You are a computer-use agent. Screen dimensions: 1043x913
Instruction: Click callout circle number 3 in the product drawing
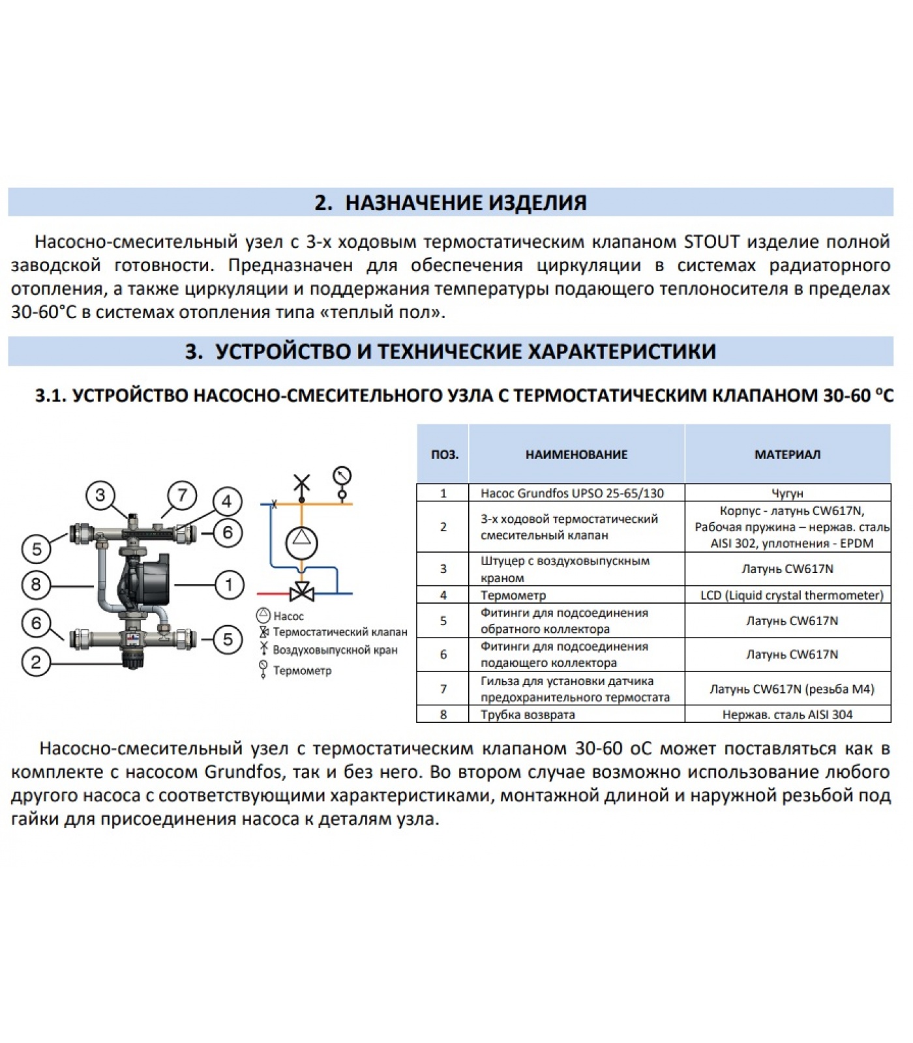[100, 495]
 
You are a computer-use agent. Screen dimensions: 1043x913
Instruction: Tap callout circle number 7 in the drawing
[182, 495]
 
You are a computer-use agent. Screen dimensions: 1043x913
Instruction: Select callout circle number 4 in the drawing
[226, 502]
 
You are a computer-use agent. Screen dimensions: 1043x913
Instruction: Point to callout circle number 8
[36, 585]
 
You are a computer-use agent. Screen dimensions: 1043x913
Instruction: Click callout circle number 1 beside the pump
[228, 585]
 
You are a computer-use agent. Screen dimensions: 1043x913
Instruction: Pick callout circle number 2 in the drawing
[36, 663]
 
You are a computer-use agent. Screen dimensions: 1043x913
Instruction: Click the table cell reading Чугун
[787, 493]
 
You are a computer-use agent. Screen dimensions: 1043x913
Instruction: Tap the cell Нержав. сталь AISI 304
[787, 714]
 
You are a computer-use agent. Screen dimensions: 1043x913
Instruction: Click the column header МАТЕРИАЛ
[787, 454]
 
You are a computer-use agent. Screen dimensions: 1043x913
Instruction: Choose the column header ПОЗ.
[444, 454]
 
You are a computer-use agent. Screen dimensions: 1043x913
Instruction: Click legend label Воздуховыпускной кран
[335, 650]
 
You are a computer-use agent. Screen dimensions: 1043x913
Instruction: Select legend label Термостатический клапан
[340, 632]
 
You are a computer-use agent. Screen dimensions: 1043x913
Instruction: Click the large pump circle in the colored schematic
[301, 538]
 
